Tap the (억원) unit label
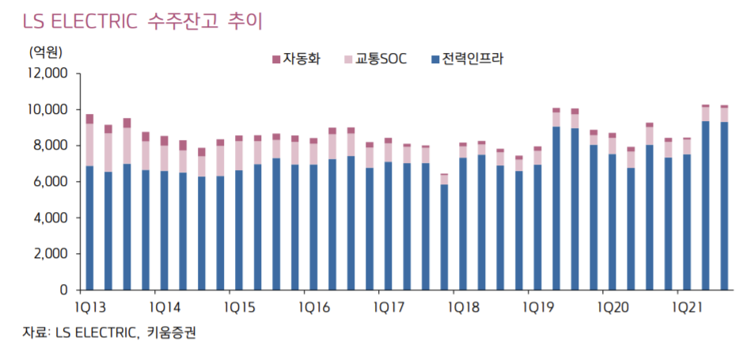45,53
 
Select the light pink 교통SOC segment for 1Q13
89,145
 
